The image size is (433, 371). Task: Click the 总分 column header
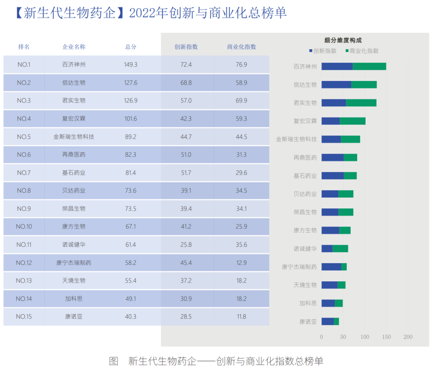coord(131,46)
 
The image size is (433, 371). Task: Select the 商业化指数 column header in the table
coord(241,46)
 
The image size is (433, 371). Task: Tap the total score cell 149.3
coord(131,65)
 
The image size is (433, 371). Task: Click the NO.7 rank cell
coord(24,173)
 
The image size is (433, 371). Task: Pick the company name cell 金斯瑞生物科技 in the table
coord(74,137)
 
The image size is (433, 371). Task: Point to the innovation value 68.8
coord(186,83)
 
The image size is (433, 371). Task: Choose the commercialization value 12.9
coord(241,263)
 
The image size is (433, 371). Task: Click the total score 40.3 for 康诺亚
coord(131,317)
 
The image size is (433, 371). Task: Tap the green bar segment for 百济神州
coord(369,67)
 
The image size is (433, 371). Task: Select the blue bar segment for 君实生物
coord(334,103)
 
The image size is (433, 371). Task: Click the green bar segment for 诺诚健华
coord(340,249)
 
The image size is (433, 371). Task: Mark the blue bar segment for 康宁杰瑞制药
coord(331,267)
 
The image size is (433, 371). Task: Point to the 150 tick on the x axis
coord(386,337)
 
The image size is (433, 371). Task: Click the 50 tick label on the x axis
coord(343,337)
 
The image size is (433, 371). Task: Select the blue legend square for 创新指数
coord(311,51)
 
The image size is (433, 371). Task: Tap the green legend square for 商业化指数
coord(347,51)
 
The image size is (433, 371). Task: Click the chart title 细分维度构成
coord(343,40)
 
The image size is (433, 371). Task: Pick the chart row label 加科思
coord(308,303)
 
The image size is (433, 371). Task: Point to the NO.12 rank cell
coord(24,263)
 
